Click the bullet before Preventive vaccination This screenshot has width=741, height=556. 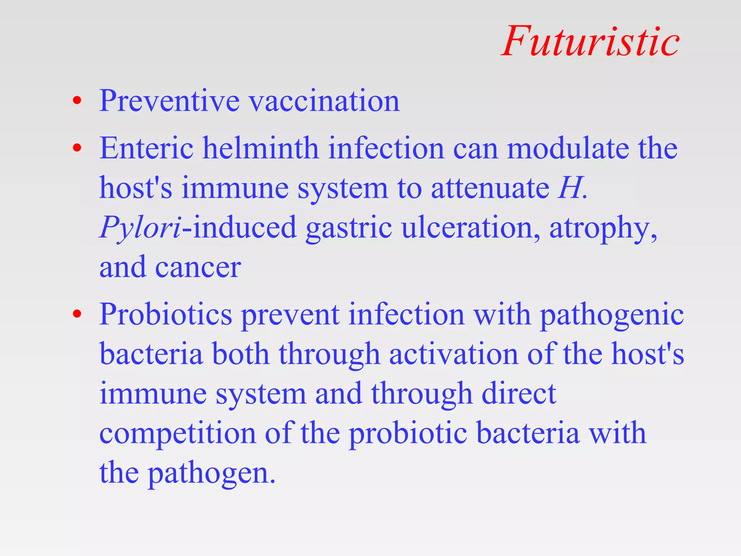(77, 101)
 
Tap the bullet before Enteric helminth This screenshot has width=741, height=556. (77, 148)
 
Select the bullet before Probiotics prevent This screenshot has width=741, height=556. (77, 314)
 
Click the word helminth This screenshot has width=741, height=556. (260, 148)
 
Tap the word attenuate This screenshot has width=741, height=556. (490, 188)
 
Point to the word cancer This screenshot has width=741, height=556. (198, 267)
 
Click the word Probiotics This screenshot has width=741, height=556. (166, 314)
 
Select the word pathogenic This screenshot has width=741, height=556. (611, 314)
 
